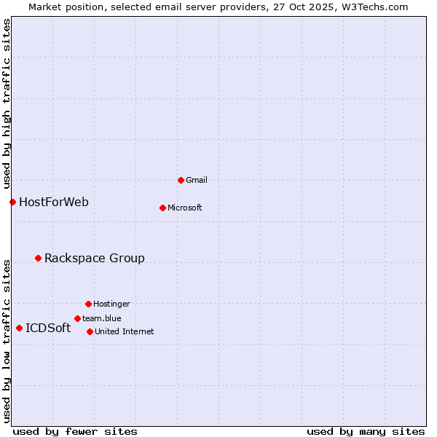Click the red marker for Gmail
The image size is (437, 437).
(181, 180)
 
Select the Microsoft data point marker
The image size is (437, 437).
(162, 208)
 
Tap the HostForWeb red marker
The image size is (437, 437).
(12, 202)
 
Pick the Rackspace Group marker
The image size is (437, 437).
(38, 258)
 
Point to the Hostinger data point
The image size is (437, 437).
(88, 304)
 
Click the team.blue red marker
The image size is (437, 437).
(77, 318)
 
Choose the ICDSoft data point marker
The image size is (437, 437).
(19, 328)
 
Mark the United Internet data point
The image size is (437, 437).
(90, 331)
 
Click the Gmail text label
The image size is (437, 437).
(197, 180)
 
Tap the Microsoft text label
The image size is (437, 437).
(185, 208)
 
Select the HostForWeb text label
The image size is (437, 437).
(54, 202)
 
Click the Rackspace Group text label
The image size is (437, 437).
(95, 258)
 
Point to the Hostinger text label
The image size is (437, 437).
(111, 304)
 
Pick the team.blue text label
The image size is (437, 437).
(102, 318)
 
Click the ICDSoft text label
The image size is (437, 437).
(48, 328)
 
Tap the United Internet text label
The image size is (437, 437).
(125, 331)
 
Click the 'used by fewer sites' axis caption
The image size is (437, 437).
(75, 431)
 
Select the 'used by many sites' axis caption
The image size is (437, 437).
(366, 431)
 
